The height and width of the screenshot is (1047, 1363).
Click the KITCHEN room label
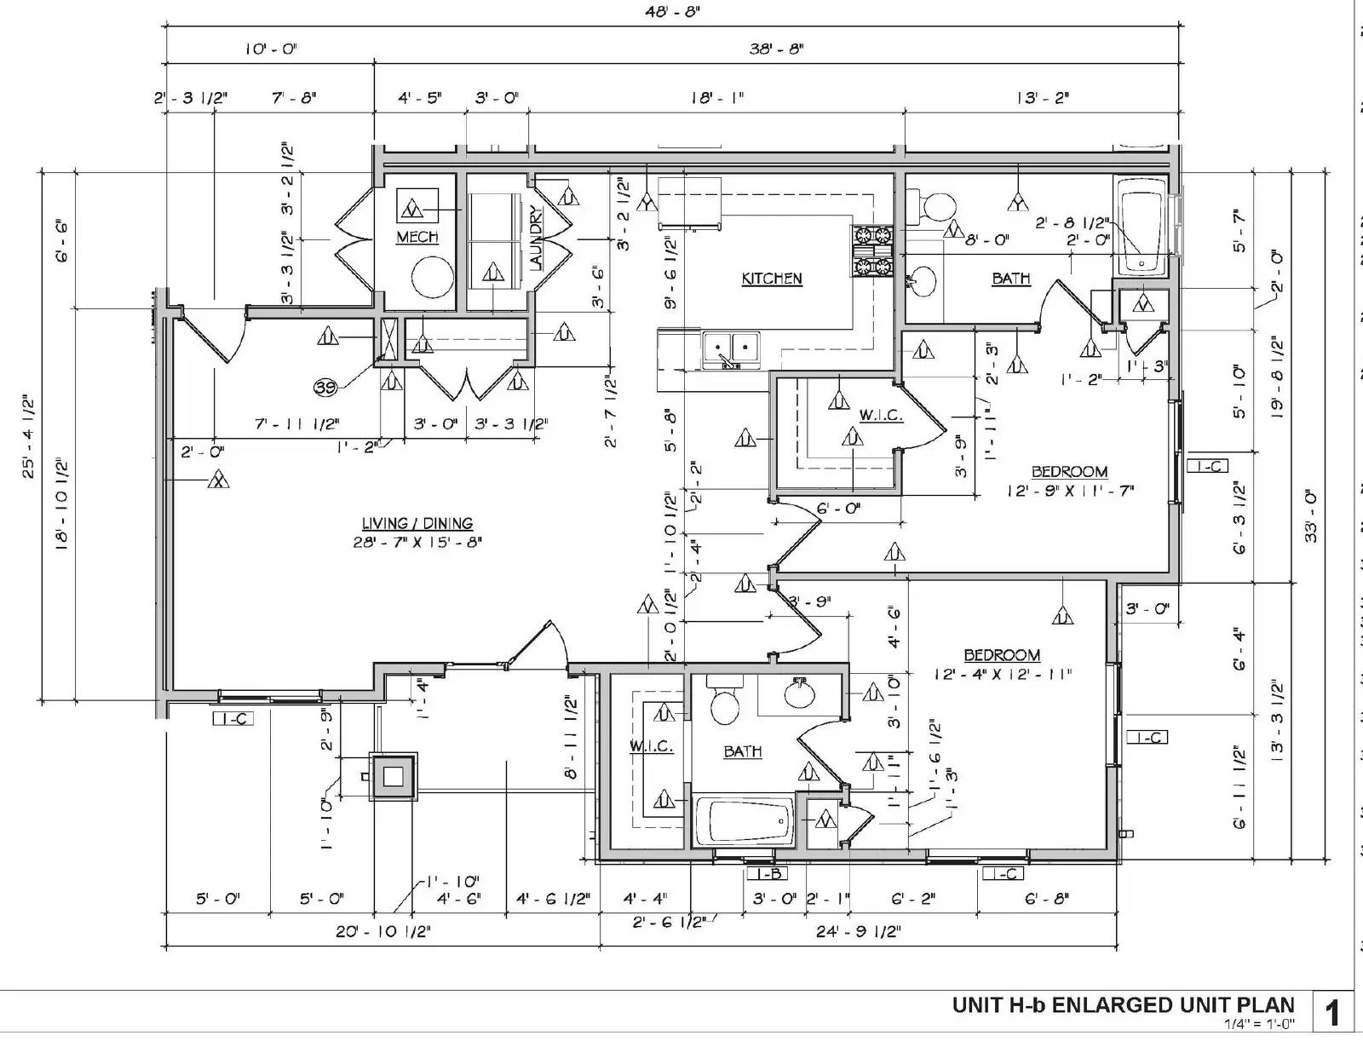pyautogui.click(x=771, y=279)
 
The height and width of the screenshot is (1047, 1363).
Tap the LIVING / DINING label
pyautogui.click(x=417, y=524)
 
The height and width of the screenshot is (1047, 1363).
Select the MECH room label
pyautogui.click(x=417, y=237)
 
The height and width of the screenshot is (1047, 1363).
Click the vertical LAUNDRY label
pyautogui.click(x=536, y=238)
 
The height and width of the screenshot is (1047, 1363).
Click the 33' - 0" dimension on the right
pyautogui.click(x=1311, y=515)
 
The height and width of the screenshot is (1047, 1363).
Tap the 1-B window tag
pyautogui.click(x=764, y=873)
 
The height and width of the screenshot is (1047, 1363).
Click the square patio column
pyautogui.click(x=393, y=776)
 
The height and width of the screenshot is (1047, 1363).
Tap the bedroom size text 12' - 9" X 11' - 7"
pyautogui.click(x=1070, y=491)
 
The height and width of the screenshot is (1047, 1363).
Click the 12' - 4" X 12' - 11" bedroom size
pyautogui.click(x=1002, y=674)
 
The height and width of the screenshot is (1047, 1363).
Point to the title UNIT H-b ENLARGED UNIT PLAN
pyautogui.click(x=1123, y=1005)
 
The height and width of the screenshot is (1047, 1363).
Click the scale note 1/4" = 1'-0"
pyautogui.click(x=1258, y=1024)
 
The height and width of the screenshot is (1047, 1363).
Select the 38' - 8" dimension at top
pyautogui.click(x=776, y=49)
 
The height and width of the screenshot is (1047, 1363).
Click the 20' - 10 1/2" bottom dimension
pyautogui.click(x=382, y=931)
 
